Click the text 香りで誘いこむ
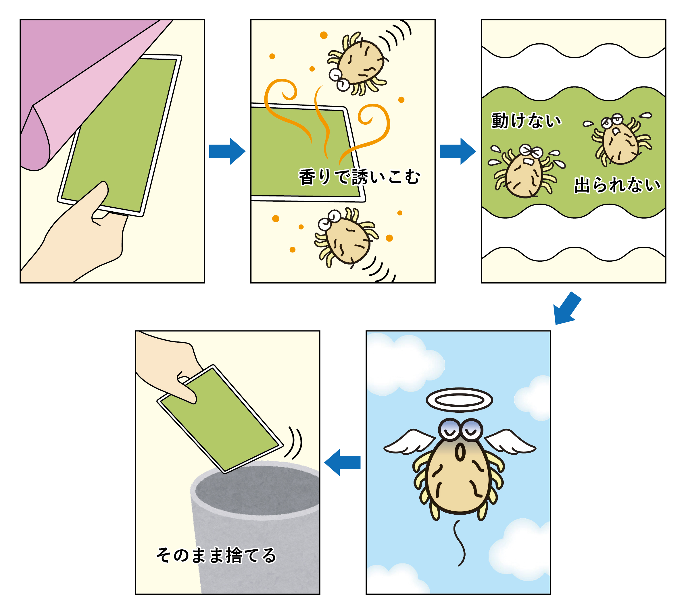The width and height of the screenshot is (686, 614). coord(359,177)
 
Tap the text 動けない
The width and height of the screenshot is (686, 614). coord(526,120)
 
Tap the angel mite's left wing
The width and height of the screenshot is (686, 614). coord(409,442)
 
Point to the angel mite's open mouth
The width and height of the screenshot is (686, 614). coord(460,452)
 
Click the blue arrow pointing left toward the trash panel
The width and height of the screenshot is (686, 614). coord(342,462)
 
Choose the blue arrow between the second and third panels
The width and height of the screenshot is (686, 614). coord(458,151)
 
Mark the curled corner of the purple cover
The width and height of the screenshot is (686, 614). coord(35,138)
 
